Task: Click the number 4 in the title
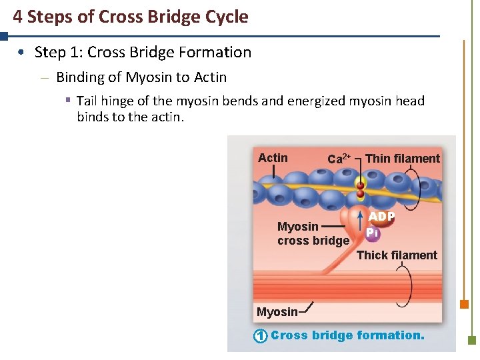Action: click(x=17, y=17)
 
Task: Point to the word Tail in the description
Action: click(x=88, y=101)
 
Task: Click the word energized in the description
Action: click(x=322, y=101)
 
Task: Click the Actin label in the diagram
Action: click(x=273, y=158)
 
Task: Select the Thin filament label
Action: click(x=403, y=158)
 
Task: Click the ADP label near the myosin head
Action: click(x=382, y=217)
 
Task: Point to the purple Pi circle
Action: click(x=372, y=233)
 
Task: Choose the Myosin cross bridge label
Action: click(x=313, y=233)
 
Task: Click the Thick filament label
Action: click(x=397, y=255)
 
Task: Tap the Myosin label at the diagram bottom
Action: click(x=277, y=312)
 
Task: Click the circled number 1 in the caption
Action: click(x=260, y=336)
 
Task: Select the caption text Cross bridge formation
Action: click(x=347, y=335)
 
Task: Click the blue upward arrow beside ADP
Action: click(x=361, y=219)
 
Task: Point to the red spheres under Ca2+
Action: click(x=360, y=190)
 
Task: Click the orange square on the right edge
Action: click(x=464, y=305)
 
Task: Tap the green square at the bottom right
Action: click(x=472, y=339)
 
